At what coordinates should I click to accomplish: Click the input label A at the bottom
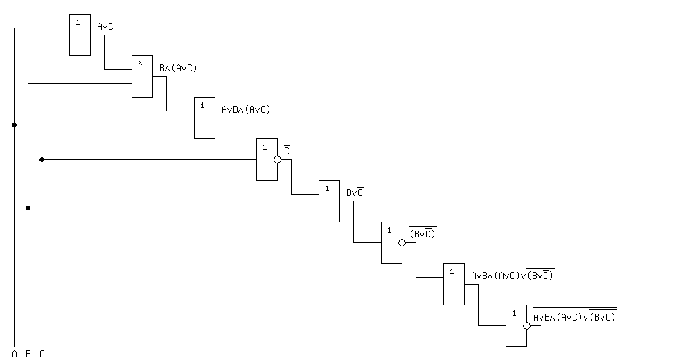tap(14, 354)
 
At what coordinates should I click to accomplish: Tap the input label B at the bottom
tap(28, 354)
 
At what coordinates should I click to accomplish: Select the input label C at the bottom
tap(42, 354)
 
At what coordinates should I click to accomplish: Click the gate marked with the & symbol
tap(142, 76)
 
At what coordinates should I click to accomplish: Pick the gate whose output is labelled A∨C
tap(80, 35)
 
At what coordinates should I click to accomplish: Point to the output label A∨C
tap(105, 26)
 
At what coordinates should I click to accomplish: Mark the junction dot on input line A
tap(14, 125)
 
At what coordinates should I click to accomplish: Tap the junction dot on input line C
tap(42, 160)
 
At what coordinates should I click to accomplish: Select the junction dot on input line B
tap(28, 208)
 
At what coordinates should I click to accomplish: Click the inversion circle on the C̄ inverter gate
tap(277, 160)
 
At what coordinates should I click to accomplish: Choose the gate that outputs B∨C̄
tap(329, 201)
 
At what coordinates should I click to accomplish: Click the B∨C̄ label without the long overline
tap(355, 192)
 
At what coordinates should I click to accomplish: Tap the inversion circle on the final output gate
tap(526, 325)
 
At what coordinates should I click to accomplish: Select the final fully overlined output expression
tap(574, 316)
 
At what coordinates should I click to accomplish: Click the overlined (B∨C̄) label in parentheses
tap(423, 233)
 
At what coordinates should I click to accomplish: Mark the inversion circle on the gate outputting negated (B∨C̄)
tap(402, 242)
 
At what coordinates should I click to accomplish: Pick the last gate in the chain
tap(516, 325)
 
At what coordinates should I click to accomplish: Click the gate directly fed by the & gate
tap(204, 118)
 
